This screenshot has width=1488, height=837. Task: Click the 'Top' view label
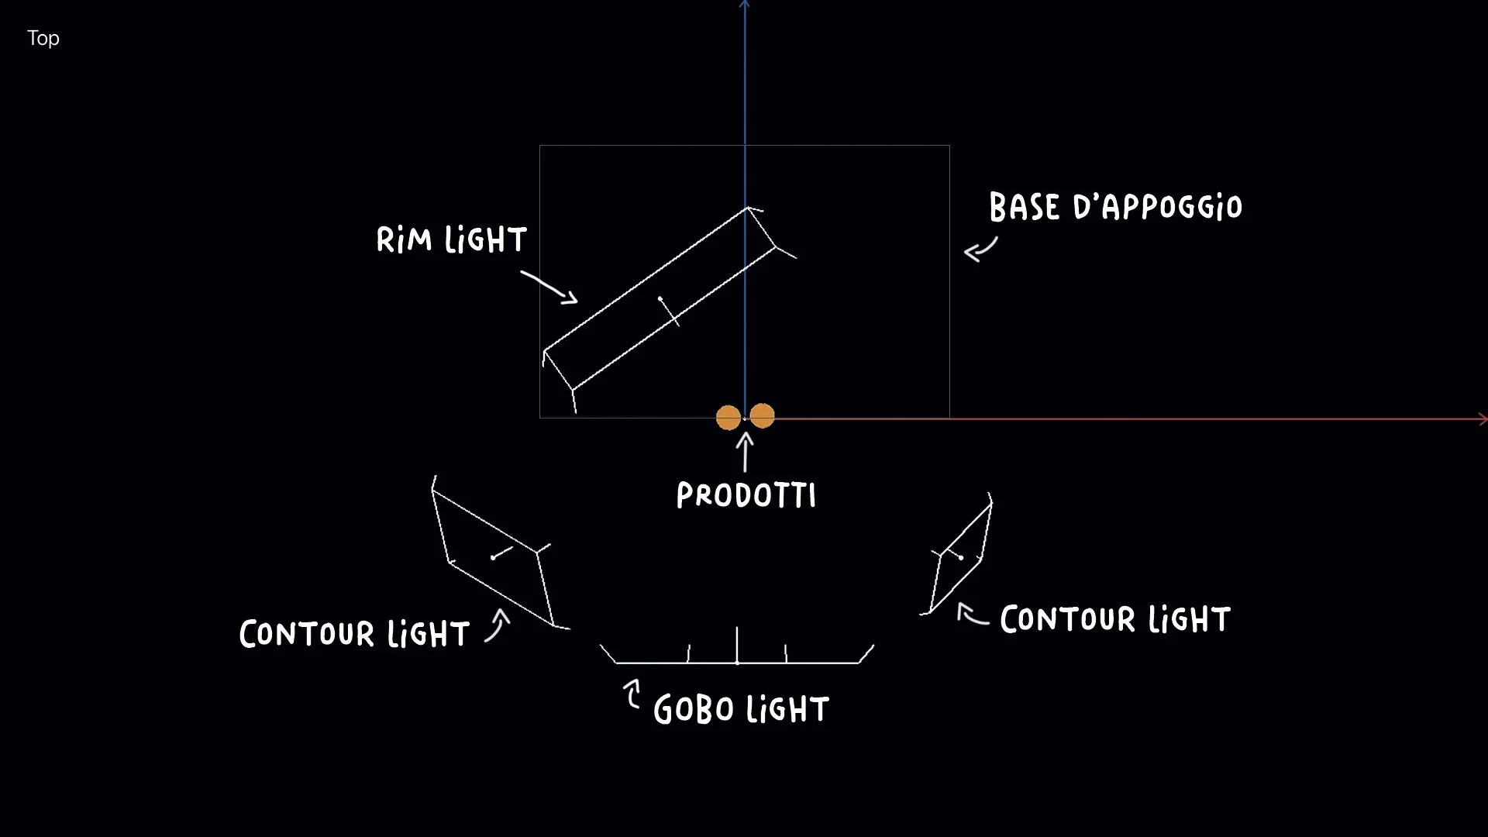(43, 38)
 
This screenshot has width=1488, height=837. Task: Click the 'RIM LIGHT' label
(452, 240)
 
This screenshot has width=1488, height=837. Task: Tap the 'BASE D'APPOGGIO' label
(1115, 207)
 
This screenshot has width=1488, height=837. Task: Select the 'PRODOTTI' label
(746, 496)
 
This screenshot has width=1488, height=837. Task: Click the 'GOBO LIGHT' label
(741, 710)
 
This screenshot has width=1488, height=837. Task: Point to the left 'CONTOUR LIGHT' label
(354, 634)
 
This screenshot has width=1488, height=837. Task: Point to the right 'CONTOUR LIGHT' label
(1114, 620)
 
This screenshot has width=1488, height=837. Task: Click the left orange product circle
(728, 418)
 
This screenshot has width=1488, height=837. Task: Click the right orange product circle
(763, 415)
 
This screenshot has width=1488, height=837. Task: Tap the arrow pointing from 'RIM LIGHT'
(549, 287)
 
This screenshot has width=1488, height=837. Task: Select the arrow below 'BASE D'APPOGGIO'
(980, 250)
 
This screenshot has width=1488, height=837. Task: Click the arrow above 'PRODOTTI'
(746, 452)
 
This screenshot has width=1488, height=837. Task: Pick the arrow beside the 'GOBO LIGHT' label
(632, 694)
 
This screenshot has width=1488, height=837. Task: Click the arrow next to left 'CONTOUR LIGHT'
(498, 625)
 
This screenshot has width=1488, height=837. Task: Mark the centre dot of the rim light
(660, 298)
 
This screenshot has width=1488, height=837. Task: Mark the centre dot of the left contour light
(493, 557)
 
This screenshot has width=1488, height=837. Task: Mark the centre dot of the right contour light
(961, 557)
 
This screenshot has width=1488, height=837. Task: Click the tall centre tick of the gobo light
(737, 645)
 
